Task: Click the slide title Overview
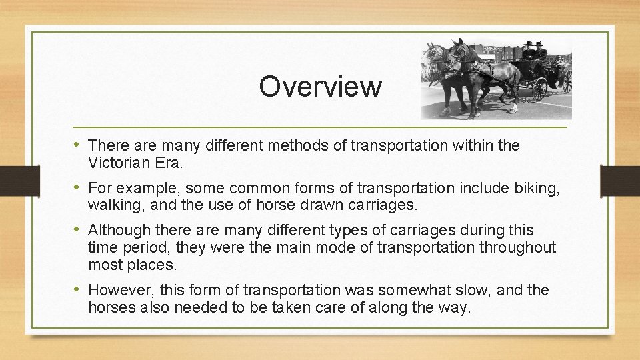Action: tap(320, 87)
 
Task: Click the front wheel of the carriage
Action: tap(539, 88)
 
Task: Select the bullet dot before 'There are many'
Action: tap(77, 145)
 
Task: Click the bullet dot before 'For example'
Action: tap(77, 188)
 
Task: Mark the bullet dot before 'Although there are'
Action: tap(77, 231)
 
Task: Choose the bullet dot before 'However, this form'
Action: tap(77, 291)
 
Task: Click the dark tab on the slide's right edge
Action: tap(619, 180)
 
